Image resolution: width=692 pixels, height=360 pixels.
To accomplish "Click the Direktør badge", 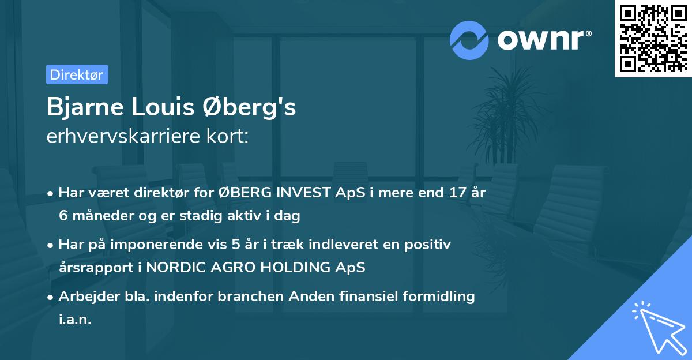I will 77,74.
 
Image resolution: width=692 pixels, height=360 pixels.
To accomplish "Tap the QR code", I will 653,39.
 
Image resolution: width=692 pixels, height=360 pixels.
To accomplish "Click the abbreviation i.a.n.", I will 75,320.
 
